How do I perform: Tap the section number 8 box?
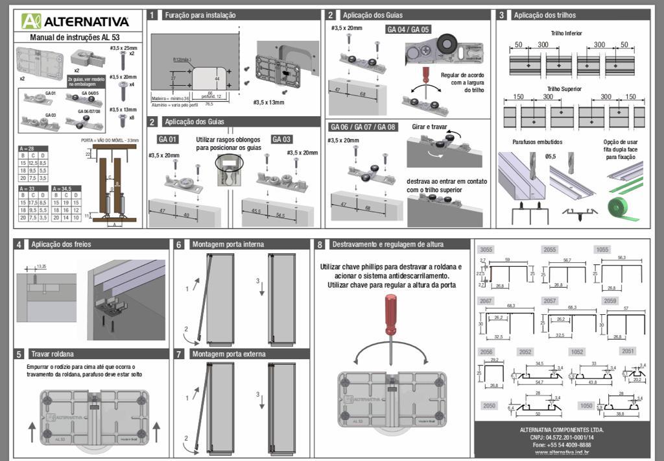tap(320, 245)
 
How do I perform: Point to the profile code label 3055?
tap(486, 250)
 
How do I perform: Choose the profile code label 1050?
tap(586, 405)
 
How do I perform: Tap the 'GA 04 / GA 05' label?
tap(408, 29)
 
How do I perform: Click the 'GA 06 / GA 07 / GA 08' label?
tap(362, 127)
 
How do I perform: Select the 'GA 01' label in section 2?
tap(167, 139)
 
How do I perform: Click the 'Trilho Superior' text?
tap(564, 88)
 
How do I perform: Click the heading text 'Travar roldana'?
tap(53, 354)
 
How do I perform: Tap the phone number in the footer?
tap(562, 445)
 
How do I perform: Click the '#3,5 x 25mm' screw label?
tap(123, 48)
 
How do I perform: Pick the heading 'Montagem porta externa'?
tap(227, 354)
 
